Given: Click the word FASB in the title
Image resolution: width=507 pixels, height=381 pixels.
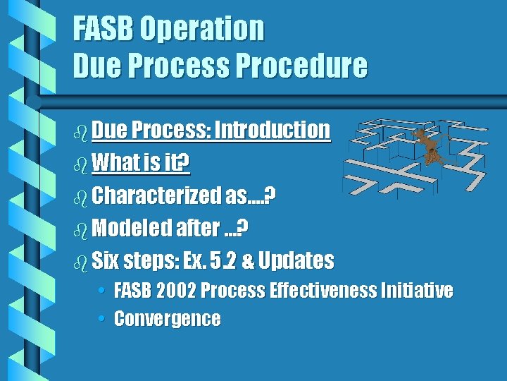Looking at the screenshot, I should [x=104, y=29].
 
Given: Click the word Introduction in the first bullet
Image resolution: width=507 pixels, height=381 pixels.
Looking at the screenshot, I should [x=272, y=130].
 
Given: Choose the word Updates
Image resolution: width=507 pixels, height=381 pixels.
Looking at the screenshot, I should [x=296, y=261].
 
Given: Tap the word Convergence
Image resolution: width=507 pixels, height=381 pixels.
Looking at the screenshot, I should [x=167, y=319].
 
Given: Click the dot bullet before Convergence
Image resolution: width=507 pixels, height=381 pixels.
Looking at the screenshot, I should [x=102, y=319].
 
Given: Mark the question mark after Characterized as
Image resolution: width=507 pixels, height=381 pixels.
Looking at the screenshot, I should [x=270, y=196].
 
